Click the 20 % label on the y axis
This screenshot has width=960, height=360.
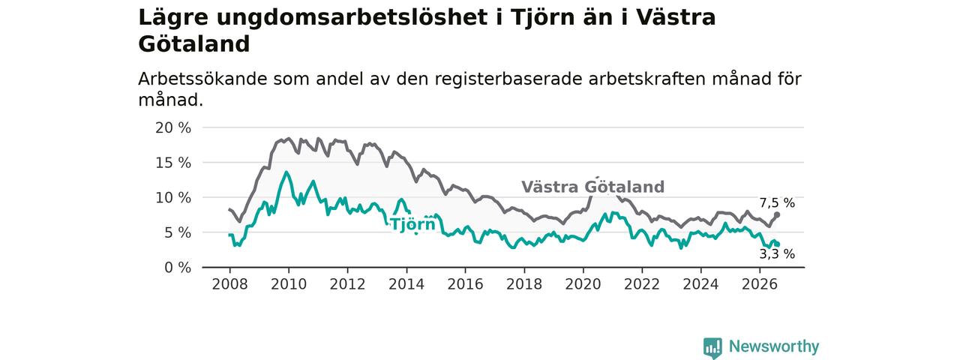173,127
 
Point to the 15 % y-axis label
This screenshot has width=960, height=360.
173,163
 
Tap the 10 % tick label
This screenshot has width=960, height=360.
173,197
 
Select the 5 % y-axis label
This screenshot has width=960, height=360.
178,232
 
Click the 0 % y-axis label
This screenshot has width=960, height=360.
178,268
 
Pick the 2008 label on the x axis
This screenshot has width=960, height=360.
229,284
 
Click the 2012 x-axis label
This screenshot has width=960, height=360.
347,284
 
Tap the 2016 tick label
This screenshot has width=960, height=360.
466,284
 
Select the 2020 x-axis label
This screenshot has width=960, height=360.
583,284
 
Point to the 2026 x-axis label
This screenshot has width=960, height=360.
760,284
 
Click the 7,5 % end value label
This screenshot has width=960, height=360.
777,202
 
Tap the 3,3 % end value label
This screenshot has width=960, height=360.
777,254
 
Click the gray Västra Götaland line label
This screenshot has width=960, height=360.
592,187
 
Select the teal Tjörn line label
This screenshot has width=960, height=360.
412,224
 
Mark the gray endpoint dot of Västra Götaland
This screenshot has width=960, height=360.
777,214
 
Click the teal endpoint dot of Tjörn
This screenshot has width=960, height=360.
777,244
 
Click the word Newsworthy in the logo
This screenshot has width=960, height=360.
774,346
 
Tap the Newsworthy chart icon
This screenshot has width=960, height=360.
712,347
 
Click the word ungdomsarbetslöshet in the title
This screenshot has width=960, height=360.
352,18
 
